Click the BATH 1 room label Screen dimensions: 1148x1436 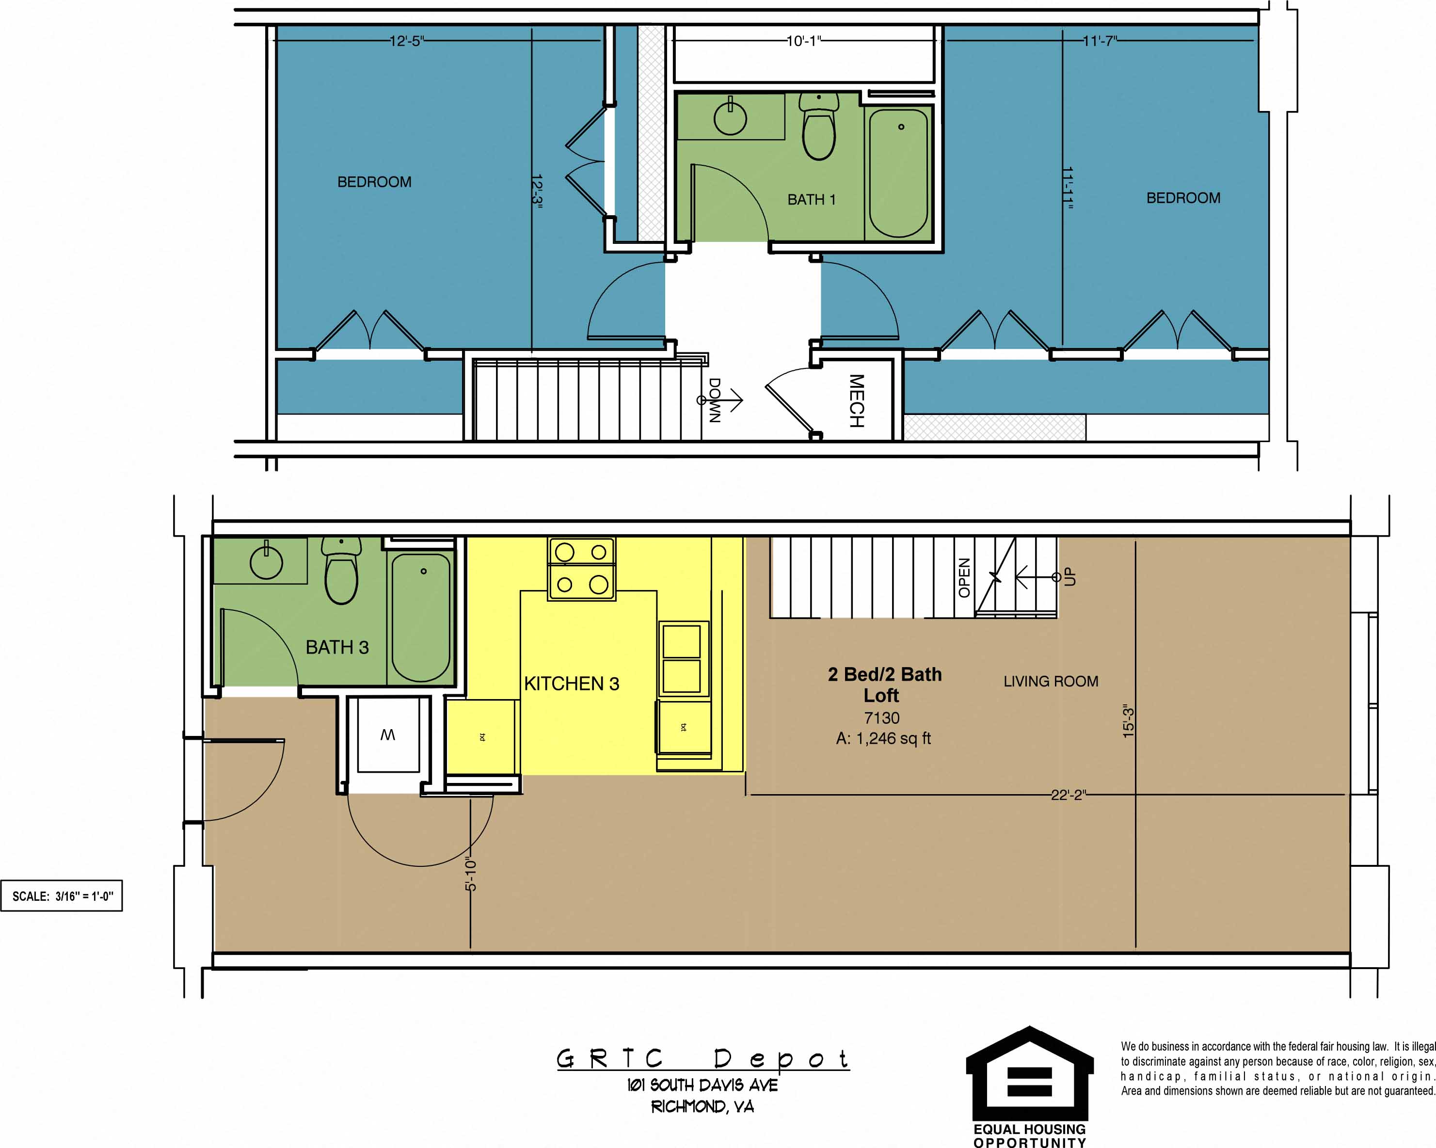(811, 200)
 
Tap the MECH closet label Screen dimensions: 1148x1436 (857, 401)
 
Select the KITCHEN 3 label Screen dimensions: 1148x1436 (572, 684)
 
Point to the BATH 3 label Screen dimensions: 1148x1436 (337, 647)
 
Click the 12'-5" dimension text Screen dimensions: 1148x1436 (406, 41)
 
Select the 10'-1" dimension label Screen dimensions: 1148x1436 (803, 41)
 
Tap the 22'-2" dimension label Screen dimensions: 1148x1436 (1068, 795)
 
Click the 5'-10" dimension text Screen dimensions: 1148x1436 (471, 874)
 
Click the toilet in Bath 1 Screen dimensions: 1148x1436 (818, 128)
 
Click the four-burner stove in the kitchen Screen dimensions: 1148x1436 (581, 569)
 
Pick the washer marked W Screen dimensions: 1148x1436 (388, 734)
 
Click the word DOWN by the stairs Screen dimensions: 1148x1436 (714, 400)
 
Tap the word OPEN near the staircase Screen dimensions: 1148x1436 (964, 577)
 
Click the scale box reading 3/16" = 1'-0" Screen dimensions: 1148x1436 (62, 896)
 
